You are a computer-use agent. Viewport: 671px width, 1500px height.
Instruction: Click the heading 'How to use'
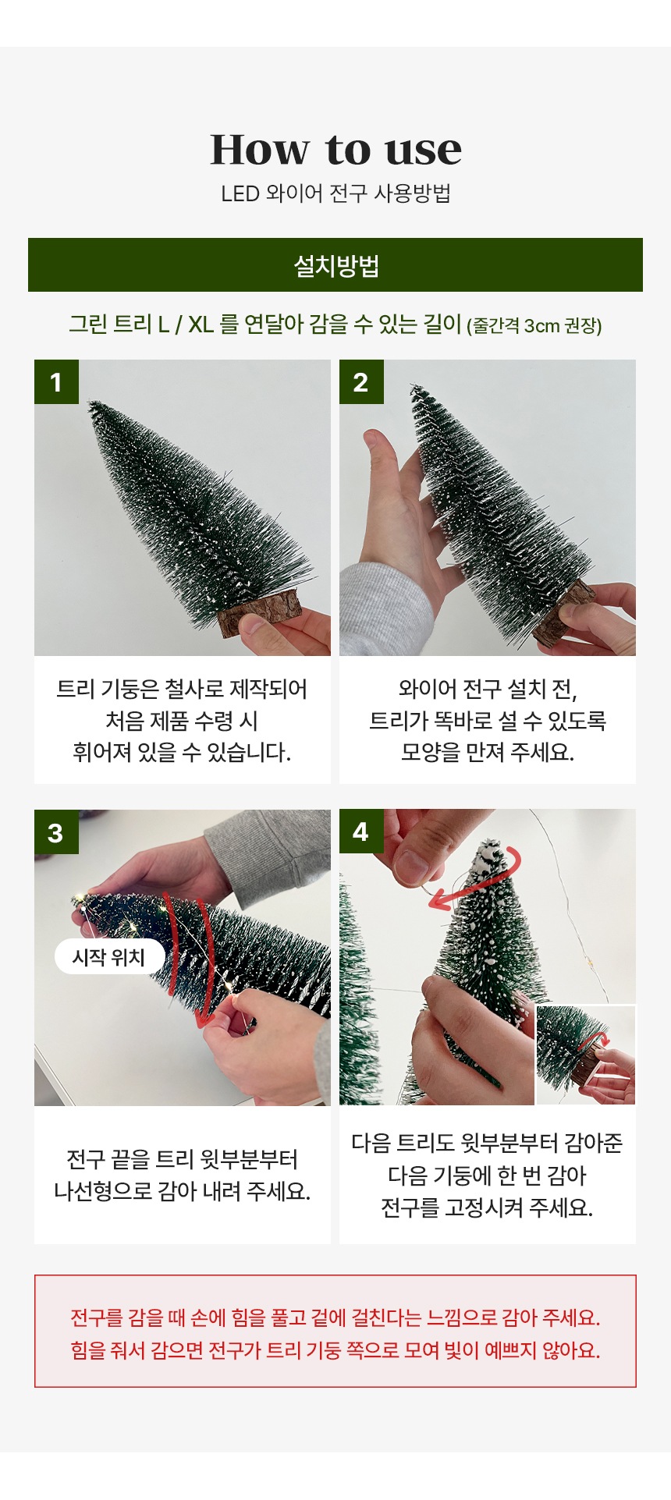pos(335,149)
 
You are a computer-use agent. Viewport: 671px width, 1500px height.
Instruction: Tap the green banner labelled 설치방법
pos(335,265)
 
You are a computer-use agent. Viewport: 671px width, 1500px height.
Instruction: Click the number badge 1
pos(56,381)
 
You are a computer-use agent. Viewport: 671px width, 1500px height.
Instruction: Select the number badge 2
pos(361,381)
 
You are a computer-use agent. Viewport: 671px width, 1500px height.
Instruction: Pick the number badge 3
pos(56,832)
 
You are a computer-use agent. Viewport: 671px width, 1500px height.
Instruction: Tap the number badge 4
pos(361,832)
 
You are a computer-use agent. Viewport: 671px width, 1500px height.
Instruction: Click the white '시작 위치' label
pos(109,957)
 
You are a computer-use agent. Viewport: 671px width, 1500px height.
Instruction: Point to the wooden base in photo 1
pos(261,612)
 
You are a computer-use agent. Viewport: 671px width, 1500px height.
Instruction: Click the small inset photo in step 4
pos(585,1055)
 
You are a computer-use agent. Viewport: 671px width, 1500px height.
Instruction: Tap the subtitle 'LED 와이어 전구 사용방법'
pos(335,193)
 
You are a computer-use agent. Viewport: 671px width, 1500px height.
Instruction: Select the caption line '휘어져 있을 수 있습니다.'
pos(182,752)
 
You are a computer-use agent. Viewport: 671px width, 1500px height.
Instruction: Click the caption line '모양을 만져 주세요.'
pos(488,752)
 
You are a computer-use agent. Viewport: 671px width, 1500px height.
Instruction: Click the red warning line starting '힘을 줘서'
pos(335,1350)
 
